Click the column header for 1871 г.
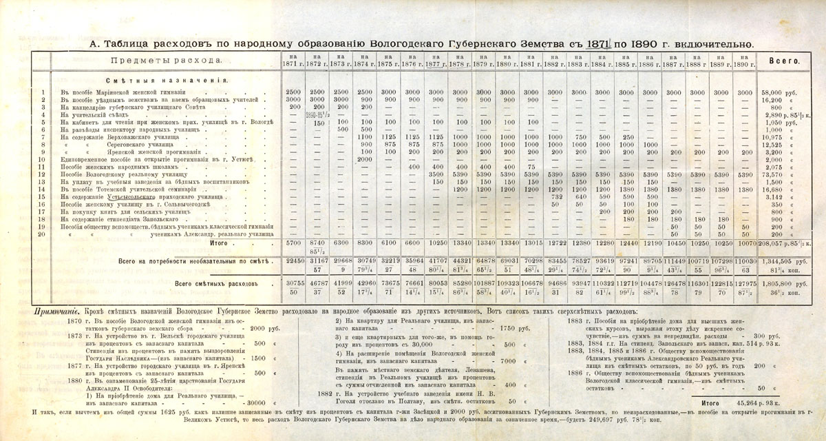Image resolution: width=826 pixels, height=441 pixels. pos(292,61)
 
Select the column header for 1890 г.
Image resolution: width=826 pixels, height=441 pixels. pos(744,61)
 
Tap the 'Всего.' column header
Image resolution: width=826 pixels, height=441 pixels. pos(788,61)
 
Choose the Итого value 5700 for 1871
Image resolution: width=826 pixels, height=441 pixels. pos(292,243)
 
